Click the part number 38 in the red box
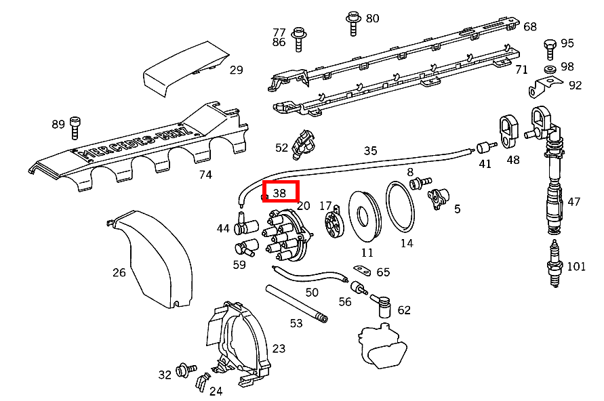click(x=279, y=193)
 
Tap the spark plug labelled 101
click(x=555, y=263)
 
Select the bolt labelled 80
click(x=353, y=23)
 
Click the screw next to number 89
click(x=75, y=128)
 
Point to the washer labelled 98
click(x=550, y=70)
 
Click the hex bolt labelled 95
click(x=550, y=49)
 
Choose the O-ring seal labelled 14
click(x=400, y=207)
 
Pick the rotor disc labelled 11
click(x=365, y=216)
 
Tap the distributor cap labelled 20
click(x=286, y=235)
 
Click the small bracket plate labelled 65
click(x=362, y=270)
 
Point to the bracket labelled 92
click(x=544, y=87)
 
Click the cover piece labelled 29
click(x=186, y=68)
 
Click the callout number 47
click(x=573, y=202)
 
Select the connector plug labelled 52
click(x=304, y=145)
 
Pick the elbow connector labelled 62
click(x=382, y=306)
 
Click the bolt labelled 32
click(x=186, y=371)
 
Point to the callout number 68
click(x=530, y=26)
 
